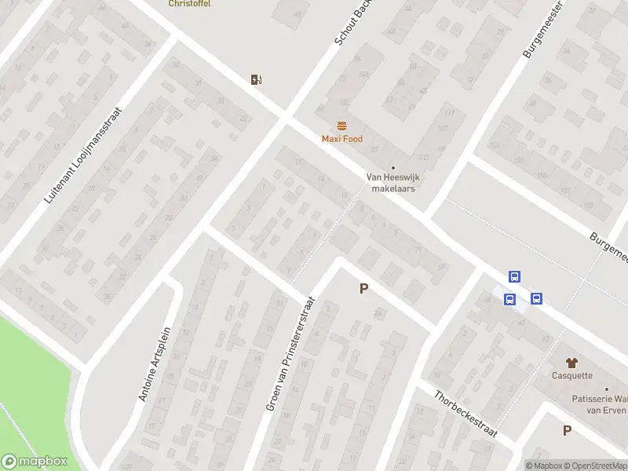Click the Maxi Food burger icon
341,126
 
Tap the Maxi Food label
342,139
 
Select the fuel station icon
256,78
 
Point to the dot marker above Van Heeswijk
393,167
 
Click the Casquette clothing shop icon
571,362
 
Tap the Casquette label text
571,375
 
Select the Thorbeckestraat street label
466,414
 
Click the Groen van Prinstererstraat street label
290,354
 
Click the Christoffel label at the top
189,3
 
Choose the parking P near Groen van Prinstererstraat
363,289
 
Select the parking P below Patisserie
567,430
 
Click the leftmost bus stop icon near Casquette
509,299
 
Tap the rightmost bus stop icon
536,298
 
